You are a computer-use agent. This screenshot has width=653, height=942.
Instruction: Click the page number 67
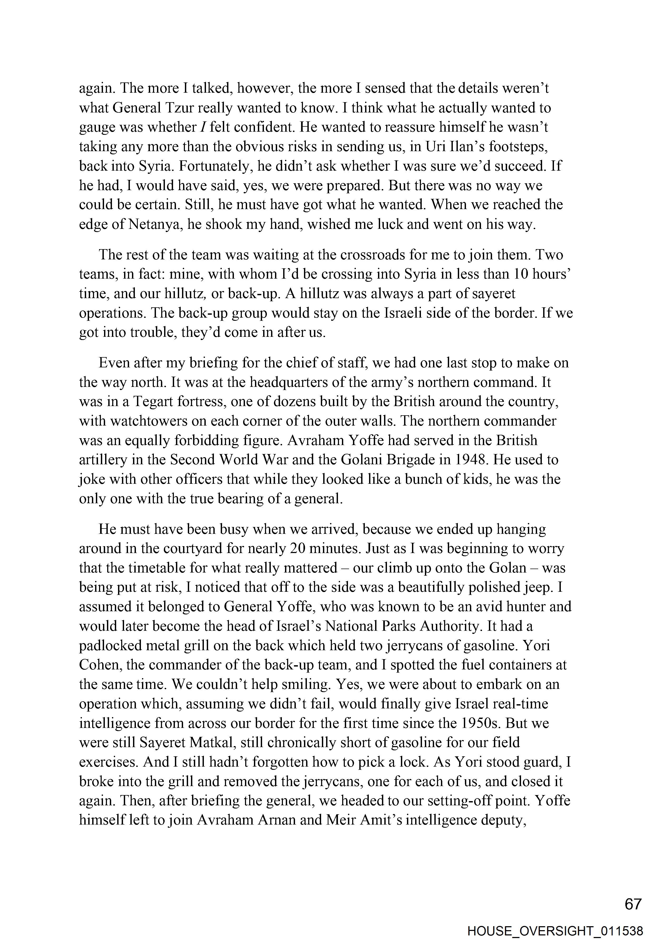(633, 904)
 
